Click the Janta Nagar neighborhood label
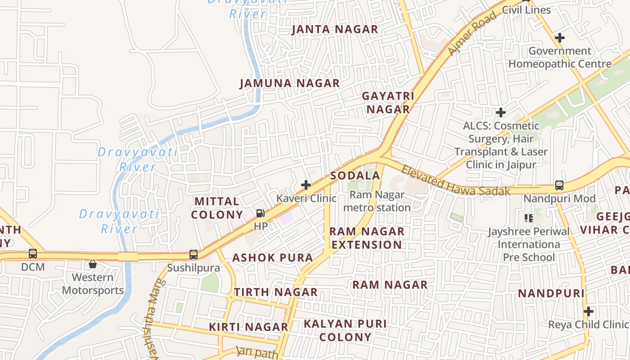[x=335, y=30]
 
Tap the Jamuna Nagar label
[x=289, y=84]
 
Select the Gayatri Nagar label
[x=388, y=103]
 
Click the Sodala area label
[x=355, y=176]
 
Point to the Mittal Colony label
[x=217, y=208]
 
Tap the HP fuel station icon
[x=260, y=213]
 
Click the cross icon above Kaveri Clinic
[x=306, y=185]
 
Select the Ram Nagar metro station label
[x=377, y=201]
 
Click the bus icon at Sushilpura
[x=193, y=255]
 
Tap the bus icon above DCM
[x=33, y=254]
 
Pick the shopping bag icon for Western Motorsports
[x=92, y=264]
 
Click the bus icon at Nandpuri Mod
[x=559, y=185]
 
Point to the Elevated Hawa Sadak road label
[x=455, y=181]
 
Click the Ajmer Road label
[x=472, y=34]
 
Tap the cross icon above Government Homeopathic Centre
[x=559, y=38]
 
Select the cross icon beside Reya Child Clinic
[x=588, y=311]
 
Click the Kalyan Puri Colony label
[x=345, y=330]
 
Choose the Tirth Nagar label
[x=275, y=292]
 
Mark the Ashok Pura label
[x=272, y=258]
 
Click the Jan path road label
[x=257, y=352]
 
